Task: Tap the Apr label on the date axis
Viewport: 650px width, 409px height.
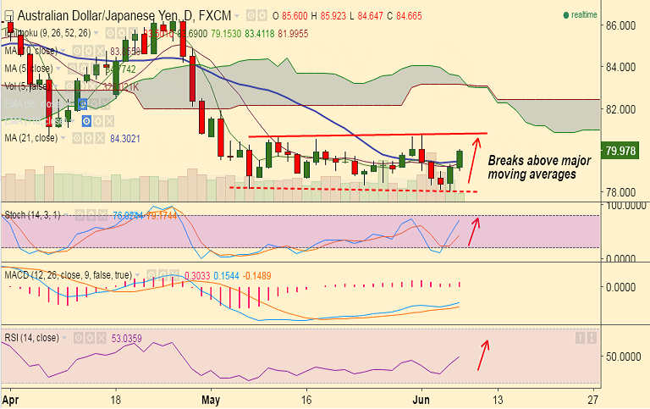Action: click(10, 397)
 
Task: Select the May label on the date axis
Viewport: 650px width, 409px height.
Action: click(211, 397)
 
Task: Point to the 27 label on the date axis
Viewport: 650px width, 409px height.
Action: click(593, 397)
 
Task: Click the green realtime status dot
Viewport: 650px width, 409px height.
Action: click(566, 15)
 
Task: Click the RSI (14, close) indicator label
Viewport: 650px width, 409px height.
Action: click(31, 337)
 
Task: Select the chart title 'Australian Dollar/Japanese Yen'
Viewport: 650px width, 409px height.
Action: click(92, 14)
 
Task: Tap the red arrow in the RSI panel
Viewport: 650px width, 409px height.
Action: click(482, 355)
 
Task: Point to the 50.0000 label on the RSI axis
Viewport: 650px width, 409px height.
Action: click(627, 356)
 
